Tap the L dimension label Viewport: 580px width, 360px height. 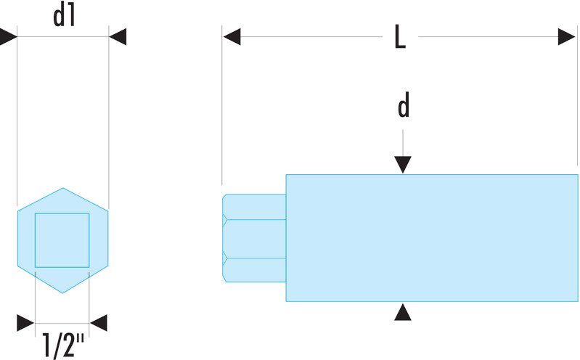(399, 36)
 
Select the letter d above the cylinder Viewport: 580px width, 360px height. (404, 107)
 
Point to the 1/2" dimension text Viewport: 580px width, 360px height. (62, 343)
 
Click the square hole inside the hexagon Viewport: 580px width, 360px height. (62, 240)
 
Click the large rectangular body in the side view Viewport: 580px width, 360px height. (431, 237)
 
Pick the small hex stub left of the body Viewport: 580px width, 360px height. (254, 237)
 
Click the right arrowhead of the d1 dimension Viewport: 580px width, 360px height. (117, 36)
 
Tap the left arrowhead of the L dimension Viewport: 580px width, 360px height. (232, 36)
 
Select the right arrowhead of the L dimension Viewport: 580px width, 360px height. (567, 36)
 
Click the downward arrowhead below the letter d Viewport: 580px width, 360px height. (404, 165)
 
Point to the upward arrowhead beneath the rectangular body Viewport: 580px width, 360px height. (404, 312)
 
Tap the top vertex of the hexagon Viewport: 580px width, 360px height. (62, 187)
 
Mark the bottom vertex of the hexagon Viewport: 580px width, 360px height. (62, 292)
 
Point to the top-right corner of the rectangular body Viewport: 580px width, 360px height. (578, 175)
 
